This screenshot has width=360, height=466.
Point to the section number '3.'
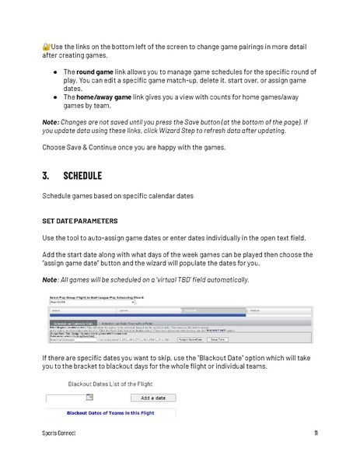[x=47, y=176]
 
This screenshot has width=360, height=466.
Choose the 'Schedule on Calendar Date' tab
[x=72, y=322]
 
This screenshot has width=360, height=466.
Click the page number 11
[x=316, y=433]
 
